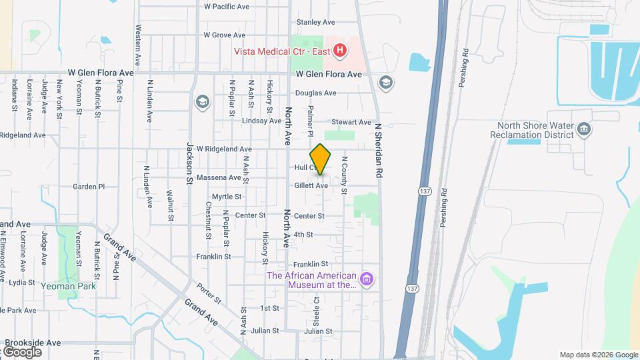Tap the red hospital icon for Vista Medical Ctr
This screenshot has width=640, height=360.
[x=340, y=50]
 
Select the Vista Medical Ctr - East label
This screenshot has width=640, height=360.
[x=281, y=51]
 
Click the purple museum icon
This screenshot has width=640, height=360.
[x=366, y=279]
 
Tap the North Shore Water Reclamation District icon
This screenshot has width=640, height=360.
[x=584, y=129]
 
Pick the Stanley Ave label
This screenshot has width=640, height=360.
[x=311, y=22]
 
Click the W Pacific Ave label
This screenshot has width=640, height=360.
[x=227, y=7]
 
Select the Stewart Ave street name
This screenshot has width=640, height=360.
[x=352, y=122]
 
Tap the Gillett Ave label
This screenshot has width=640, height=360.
[x=311, y=185]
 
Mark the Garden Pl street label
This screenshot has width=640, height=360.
[x=89, y=187]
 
